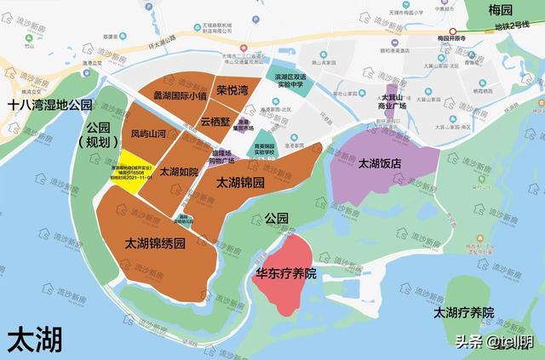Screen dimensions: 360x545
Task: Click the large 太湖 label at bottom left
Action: click(35, 340)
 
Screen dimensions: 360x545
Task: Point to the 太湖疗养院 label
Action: click(463, 312)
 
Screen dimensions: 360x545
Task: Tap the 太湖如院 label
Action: click(179, 172)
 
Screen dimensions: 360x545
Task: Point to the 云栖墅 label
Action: click(216, 122)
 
